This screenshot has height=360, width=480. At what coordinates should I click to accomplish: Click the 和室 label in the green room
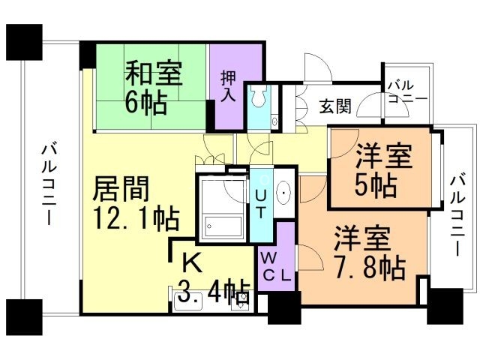point(152,74)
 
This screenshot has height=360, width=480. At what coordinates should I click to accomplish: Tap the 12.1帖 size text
point(134,218)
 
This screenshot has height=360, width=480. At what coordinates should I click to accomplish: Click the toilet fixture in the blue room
point(259,96)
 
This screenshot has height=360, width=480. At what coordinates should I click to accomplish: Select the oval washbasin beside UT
point(285,193)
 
